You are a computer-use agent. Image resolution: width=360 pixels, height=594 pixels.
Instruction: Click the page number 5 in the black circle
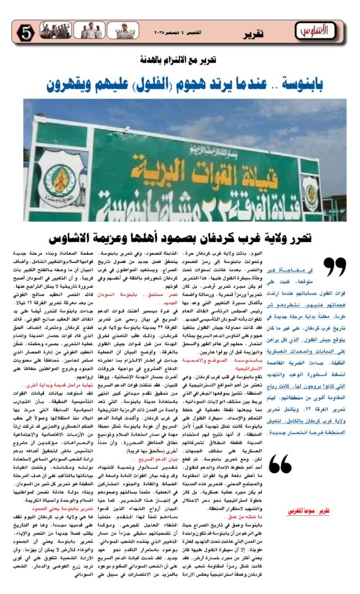pyautogui.click(x=26, y=34)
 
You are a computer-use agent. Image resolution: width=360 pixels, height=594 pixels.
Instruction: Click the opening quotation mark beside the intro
pyautogui.click(x=334, y=267)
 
